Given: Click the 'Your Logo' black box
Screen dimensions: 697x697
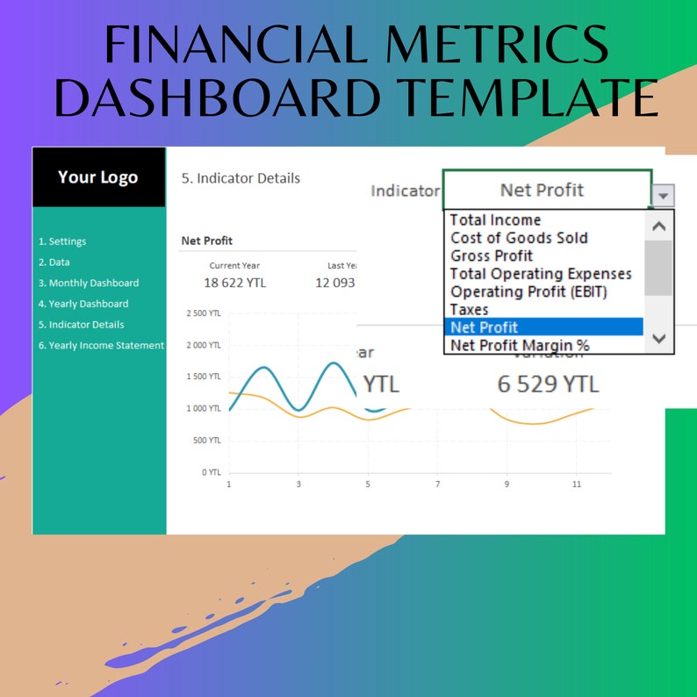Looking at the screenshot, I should pyautogui.click(x=98, y=177).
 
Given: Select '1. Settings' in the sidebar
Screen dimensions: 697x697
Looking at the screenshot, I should pyautogui.click(x=62, y=241).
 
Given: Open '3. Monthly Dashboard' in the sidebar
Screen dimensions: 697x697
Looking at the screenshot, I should pyautogui.click(x=89, y=283).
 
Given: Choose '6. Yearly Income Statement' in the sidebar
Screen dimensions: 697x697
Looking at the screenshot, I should pyautogui.click(x=101, y=345).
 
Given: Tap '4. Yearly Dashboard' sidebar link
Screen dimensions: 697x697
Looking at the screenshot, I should pyautogui.click(x=83, y=304).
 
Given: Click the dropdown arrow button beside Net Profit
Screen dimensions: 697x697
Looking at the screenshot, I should pyautogui.click(x=664, y=196).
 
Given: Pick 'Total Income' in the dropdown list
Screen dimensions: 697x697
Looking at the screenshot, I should pyautogui.click(x=495, y=220).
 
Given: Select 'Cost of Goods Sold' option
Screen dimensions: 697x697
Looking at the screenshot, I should pyautogui.click(x=519, y=238).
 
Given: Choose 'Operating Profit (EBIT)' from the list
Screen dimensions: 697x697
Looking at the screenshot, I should pyautogui.click(x=528, y=291).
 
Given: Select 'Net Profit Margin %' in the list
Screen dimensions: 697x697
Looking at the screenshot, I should pyautogui.click(x=520, y=345).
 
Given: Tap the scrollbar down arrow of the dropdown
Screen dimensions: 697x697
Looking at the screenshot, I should pyautogui.click(x=660, y=339).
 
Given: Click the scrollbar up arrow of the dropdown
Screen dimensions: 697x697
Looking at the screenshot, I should pyautogui.click(x=660, y=226).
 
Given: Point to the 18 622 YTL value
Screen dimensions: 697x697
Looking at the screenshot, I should pyautogui.click(x=234, y=283).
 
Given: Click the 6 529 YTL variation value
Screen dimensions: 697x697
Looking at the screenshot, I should pyautogui.click(x=548, y=384).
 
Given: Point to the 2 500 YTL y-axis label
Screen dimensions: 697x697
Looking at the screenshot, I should pyautogui.click(x=204, y=313).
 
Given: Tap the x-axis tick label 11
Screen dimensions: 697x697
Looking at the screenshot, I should pyautogui.click(x=577, y=484).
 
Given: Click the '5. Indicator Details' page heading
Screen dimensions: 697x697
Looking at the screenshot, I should pyautogui.click(x=241, y=178).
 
